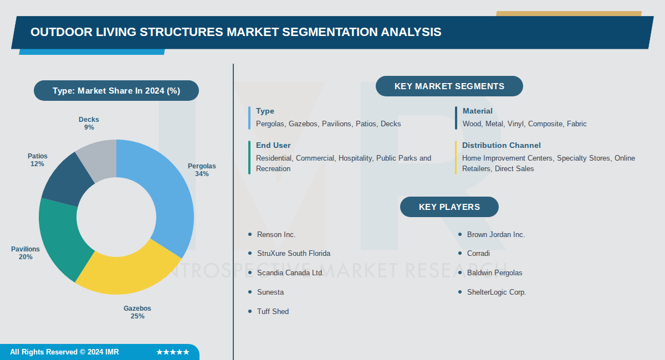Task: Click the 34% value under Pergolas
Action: (202, 174)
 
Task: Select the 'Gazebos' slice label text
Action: (137, 308)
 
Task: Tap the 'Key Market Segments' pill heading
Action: (449, 86)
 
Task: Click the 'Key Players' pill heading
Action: (449, 207)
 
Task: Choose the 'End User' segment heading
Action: (273, 145)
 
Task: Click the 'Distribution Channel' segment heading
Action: (502, 145)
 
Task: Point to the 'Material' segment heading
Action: (478, 111)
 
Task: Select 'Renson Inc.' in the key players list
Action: (277, 235)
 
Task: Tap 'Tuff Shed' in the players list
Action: (273, 312)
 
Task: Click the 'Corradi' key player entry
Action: (478, 254)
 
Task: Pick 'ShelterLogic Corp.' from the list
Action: (497, 292)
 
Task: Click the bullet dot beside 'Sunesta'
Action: (250, 292)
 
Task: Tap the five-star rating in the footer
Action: (173, 352)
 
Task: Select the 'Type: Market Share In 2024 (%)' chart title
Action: (116, 91)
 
